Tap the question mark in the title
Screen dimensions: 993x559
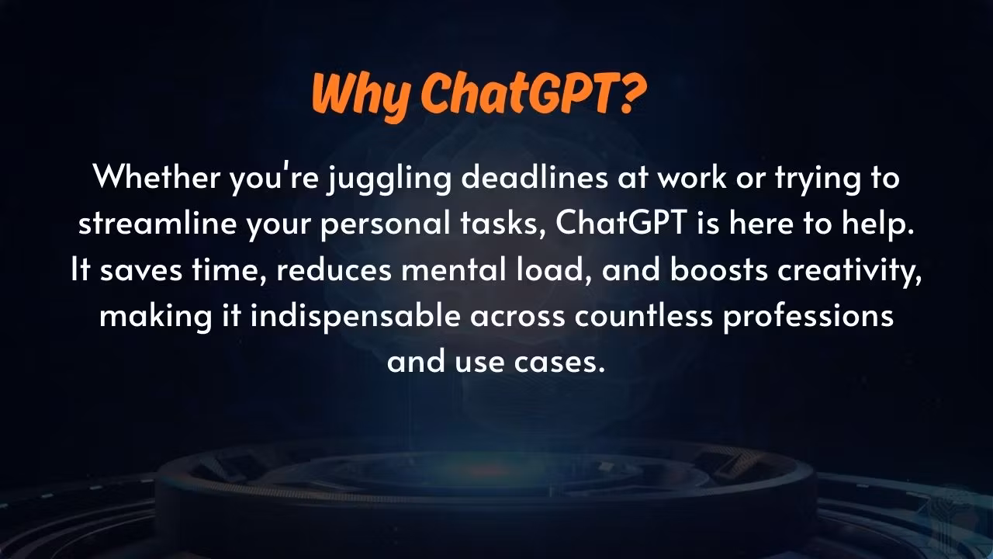pyautogui.click(x=631, y=92)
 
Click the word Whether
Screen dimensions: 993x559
pyautogui.click(x=157, y=176)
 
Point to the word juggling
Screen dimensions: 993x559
pyautogui.click(x=389, y=179)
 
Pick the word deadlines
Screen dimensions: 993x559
pyautogui.click(x=535, y=176)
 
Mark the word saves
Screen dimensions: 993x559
pyautogui.click(x=141, y=271)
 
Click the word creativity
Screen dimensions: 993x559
pyautogui.click(x=849, y=271)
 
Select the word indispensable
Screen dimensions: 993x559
pyautogui.click(x=355, y=317)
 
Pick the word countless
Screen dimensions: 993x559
pyautogui.click(x=644, y=315)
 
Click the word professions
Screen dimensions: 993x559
pyautogui.click(x=808, y=317)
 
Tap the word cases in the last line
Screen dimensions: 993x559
pyautogui.click(x=559, y=362)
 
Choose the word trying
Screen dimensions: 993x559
pyautogui.click(x=818, y=179)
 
